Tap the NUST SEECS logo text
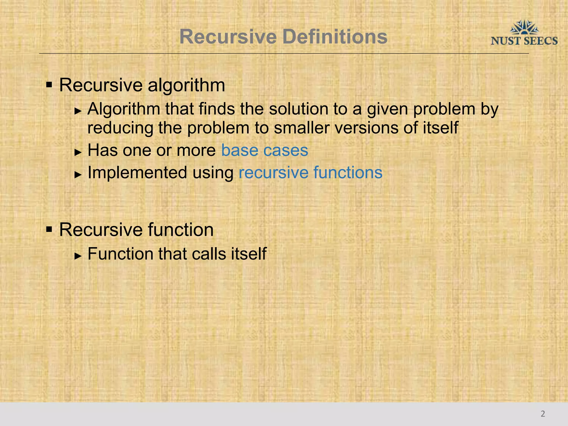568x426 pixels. click(x=524, y=41)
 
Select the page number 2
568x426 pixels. click(x=543, y=414)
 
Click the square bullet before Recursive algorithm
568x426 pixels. click(x=49, y=84)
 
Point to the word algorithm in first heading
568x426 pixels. click(x=186, y=85)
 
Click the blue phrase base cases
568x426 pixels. click(x=265, y=150)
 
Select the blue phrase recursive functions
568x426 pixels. click(x=310, y=173)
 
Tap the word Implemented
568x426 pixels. click(x=137, y=173)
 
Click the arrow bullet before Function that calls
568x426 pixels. click(x=78, y=256)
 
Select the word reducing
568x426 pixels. click(x=120, y=128)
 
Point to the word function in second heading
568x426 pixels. click(x=181, y=230)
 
